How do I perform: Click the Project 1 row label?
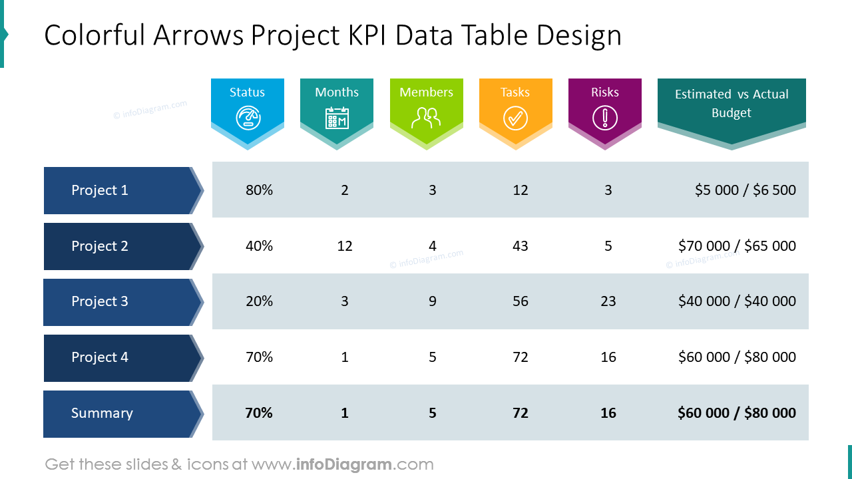point(100,190)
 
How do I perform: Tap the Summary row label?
point(102,413)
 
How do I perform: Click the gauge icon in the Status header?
point(248,118)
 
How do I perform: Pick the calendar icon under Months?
point(337,118)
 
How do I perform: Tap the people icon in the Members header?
point(426,118)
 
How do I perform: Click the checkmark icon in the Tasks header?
point(515,118)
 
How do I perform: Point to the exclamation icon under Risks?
point(604,118)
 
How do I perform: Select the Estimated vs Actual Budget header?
point(731,104)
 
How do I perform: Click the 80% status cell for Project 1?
point(259,190)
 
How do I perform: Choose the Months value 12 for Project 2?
point(345,246)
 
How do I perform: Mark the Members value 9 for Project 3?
point(433,301)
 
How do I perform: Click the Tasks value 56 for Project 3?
point(521,301)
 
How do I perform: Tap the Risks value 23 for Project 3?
point(608,301)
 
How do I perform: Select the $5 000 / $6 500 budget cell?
point(745,190)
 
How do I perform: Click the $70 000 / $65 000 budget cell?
point(737,246)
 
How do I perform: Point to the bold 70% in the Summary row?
point(259,413)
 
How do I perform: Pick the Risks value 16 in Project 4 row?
point(608,357)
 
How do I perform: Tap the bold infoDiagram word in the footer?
point(342,464)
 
